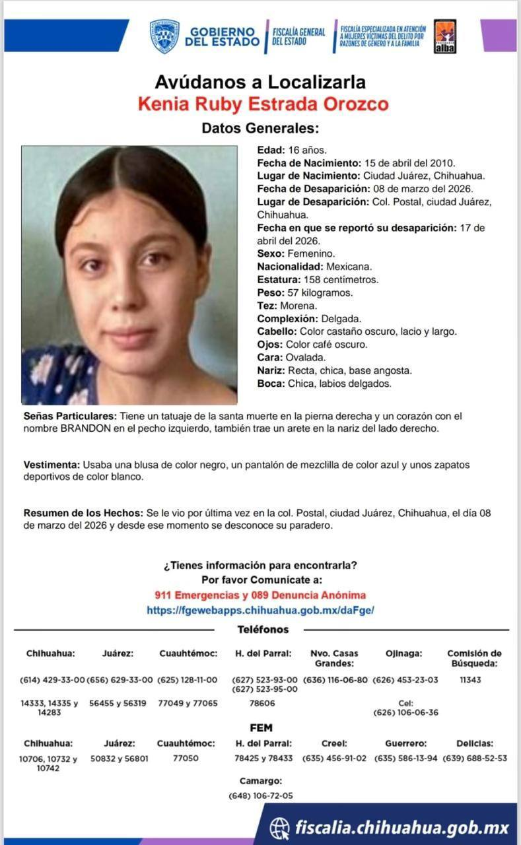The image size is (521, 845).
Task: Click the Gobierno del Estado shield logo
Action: tap(164, 36)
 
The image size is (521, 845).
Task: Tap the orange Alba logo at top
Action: tap(446, 36)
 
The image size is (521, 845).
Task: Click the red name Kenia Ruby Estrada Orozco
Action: tap(263, 104)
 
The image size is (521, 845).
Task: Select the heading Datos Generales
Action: tap(260, 128)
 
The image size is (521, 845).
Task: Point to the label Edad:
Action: tap(271, 150)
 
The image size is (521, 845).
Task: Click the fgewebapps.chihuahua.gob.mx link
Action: tap(260, 611)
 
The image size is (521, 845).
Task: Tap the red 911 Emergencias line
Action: tap(260, 595)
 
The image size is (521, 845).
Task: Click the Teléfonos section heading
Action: tap(263, 630)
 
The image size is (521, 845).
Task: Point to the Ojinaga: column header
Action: tap(403, 654)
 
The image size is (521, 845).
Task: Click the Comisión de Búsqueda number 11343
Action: tap(474, 679)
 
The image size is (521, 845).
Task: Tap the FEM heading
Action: tap(261, 727)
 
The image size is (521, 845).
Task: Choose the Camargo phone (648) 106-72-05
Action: tap(261, 795)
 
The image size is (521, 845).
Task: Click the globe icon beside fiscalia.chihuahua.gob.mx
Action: tap(279, 827)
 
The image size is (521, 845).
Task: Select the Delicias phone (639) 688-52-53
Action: tap(475, 759)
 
